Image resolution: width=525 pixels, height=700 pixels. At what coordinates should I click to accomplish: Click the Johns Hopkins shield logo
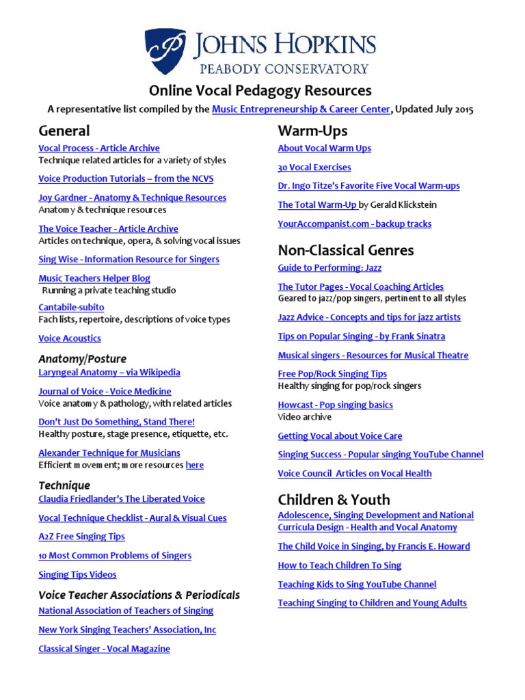[165, 52]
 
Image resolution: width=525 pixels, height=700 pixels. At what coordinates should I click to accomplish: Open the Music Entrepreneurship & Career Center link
[301, 109]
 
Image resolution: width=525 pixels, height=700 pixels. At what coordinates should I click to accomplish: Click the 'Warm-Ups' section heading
[312, 131]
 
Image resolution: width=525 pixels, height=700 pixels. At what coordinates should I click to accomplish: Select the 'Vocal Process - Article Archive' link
[99, 148]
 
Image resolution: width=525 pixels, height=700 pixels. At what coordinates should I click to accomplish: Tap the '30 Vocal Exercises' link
[314, 167]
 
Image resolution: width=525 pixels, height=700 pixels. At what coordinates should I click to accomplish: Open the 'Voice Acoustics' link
[70, 338]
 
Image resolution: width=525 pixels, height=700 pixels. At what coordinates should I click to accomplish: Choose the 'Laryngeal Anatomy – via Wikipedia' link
[109, 373]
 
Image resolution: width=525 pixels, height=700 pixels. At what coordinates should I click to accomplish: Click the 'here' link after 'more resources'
[195, 466]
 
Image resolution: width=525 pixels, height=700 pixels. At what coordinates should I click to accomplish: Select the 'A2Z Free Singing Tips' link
[81, 537]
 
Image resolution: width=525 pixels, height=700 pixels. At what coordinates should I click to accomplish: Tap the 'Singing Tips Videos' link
[77, 575]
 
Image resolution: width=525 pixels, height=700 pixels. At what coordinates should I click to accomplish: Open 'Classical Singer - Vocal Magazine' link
[104, 649]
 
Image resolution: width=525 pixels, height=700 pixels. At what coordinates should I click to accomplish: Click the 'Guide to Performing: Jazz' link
[329, 268]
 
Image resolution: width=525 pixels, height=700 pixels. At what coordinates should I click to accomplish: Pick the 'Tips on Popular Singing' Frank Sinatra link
[361, 336]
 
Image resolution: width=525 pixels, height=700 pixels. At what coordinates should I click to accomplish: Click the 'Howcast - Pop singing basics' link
[335, 405]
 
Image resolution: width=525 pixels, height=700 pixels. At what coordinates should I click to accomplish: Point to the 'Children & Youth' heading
[334, 500]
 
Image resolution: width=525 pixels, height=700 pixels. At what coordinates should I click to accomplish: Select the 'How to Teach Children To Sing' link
[339, 565]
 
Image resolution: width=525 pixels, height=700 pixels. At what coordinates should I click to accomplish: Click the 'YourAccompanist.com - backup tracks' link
[354, 224]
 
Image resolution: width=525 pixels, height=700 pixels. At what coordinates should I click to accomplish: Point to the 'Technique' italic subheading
[64, 485]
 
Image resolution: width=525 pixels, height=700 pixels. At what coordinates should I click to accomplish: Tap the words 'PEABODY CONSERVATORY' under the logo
[283, 68]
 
